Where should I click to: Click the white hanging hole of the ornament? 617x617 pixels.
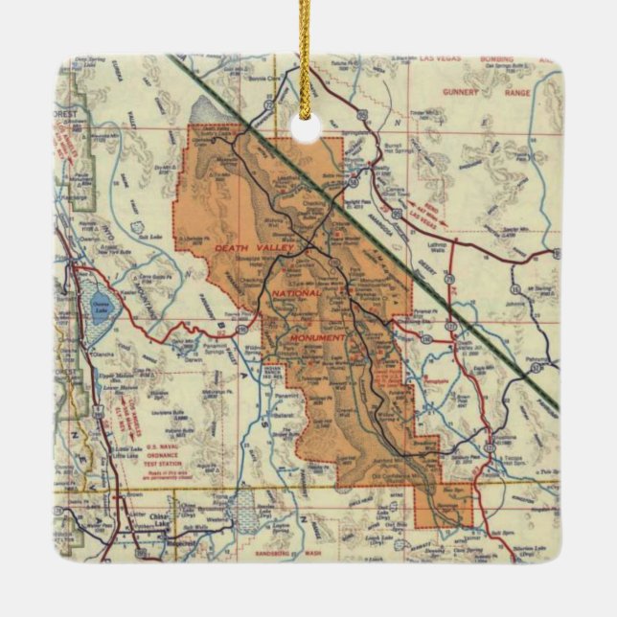pos(308,129)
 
